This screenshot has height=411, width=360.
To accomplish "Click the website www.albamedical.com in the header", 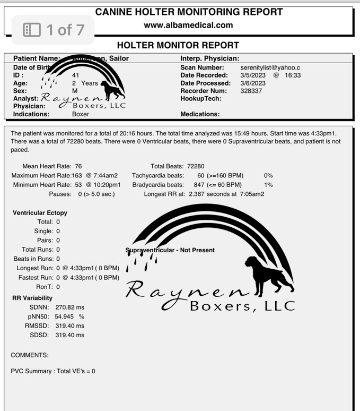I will tap(188, 25).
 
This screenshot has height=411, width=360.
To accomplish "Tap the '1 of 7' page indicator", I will tap(54, 30).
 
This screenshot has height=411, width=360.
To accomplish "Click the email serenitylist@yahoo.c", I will tap(270, 67).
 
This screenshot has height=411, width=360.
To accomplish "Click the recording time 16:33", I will tap(292, 75).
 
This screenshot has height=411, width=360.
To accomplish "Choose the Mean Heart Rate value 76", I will tap(78, 166).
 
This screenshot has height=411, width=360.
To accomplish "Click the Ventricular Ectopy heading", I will tap(40, 213).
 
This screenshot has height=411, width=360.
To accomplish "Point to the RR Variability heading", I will tap(32, 298).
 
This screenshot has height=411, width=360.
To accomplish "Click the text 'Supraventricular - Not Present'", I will tap(170, 250).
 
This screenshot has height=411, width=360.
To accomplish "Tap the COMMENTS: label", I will tap(30, 355).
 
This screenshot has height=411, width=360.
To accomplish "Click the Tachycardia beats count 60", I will tap(200, 175).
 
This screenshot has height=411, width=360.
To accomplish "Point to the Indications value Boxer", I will tap(81, 114).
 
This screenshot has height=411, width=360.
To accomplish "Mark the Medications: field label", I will tap(200, 114).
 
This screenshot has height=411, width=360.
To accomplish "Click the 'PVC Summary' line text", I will tap(53, 371).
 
